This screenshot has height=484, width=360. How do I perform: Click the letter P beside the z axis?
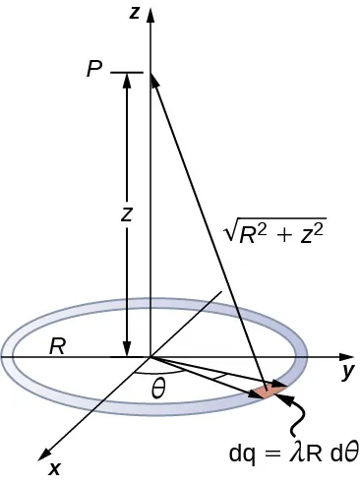[x=94, y=72]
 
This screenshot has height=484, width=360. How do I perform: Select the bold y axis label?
[x=347, y=372]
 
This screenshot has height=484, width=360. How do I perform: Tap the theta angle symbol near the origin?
[x=158, y=390]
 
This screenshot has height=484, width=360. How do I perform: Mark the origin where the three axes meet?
[x=149, y=355]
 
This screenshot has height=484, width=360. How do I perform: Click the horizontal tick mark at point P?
[x=128, y=72]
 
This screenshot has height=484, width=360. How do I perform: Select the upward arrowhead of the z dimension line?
[x=127, y=80]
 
